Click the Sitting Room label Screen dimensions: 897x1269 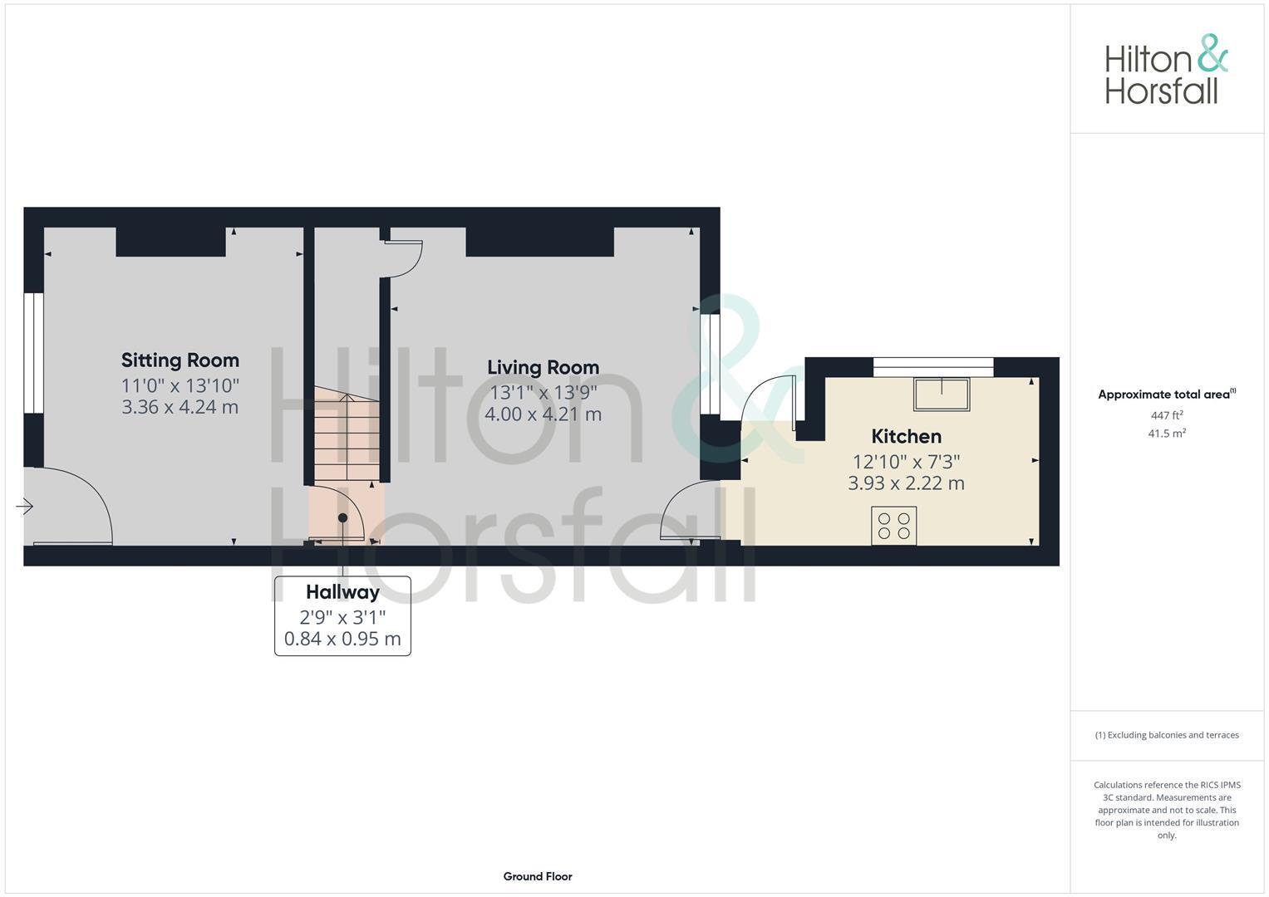[180, 360]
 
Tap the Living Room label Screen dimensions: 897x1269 [543, 367]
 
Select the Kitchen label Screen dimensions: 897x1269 [906, 436]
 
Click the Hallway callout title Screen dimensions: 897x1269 [342, 592]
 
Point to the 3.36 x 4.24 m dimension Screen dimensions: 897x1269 [180, 407]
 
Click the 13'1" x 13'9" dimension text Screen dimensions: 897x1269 [543, 392]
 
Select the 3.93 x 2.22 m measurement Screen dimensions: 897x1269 [906, 483]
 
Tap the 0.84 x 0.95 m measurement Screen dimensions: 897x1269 [342, 639]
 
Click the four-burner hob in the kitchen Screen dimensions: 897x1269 [894, 526]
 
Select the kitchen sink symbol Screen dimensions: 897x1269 [942, 394]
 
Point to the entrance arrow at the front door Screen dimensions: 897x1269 [24, 506]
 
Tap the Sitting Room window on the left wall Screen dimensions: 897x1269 [33, 353]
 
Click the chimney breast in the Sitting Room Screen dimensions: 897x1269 [170, 242]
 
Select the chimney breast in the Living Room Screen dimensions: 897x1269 [539, 242]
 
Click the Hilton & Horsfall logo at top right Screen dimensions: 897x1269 [1166, 70]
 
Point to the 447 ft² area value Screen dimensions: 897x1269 [1167, 415]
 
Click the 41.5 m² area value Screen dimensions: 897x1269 [1167, 434]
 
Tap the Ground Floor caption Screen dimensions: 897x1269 [538, 876]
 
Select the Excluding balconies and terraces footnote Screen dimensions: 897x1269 [1167, 735]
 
